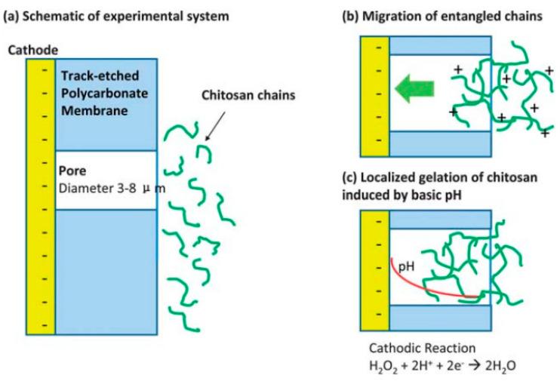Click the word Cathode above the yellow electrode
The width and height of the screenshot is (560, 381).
(x=28, y=51)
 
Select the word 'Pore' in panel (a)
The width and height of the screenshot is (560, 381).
(x=72, y=171)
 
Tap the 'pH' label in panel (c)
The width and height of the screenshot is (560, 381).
(x=408, y=265)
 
